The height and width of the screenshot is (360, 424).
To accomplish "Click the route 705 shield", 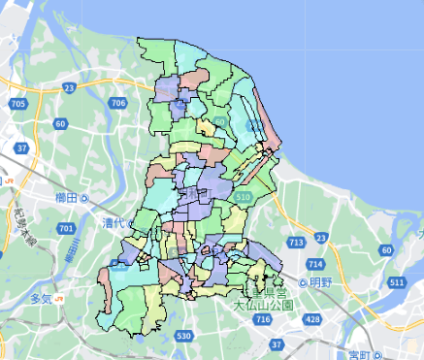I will pyautogui.click(x=16, y=103).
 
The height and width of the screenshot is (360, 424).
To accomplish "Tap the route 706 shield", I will pyautogui.click(x=119, y=103).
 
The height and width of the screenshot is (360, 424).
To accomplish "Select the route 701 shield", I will pyautogui.click(x=66, y=228).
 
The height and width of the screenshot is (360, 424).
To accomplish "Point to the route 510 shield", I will pyautogui.click(x=242, y=197).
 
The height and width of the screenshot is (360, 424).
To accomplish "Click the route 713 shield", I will pyautogui.click(x=296, y=242).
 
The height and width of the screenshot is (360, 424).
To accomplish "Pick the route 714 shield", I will pyautogui.click(x=314, y=264).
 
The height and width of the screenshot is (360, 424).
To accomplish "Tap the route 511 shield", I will pyautogui.click(x=395, y=282).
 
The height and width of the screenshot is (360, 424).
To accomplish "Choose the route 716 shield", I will pyautogui.click(x=261, y=319).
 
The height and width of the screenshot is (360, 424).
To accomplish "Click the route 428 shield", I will pyautogui.click(x=311, y=319).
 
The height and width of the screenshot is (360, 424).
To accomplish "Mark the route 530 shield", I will pyautogui.click(x=184, y=336).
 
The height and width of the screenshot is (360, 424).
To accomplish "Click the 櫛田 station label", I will pyautogui.click(x=66, y=198).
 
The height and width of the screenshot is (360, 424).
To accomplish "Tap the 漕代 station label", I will pyautogui.click(x=114, y=222).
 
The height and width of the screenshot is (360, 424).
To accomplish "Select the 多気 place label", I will pyautogui.click(x=41, y=297).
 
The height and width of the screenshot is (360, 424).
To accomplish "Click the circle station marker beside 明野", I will pyautogui.click(x=303, y=283).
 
